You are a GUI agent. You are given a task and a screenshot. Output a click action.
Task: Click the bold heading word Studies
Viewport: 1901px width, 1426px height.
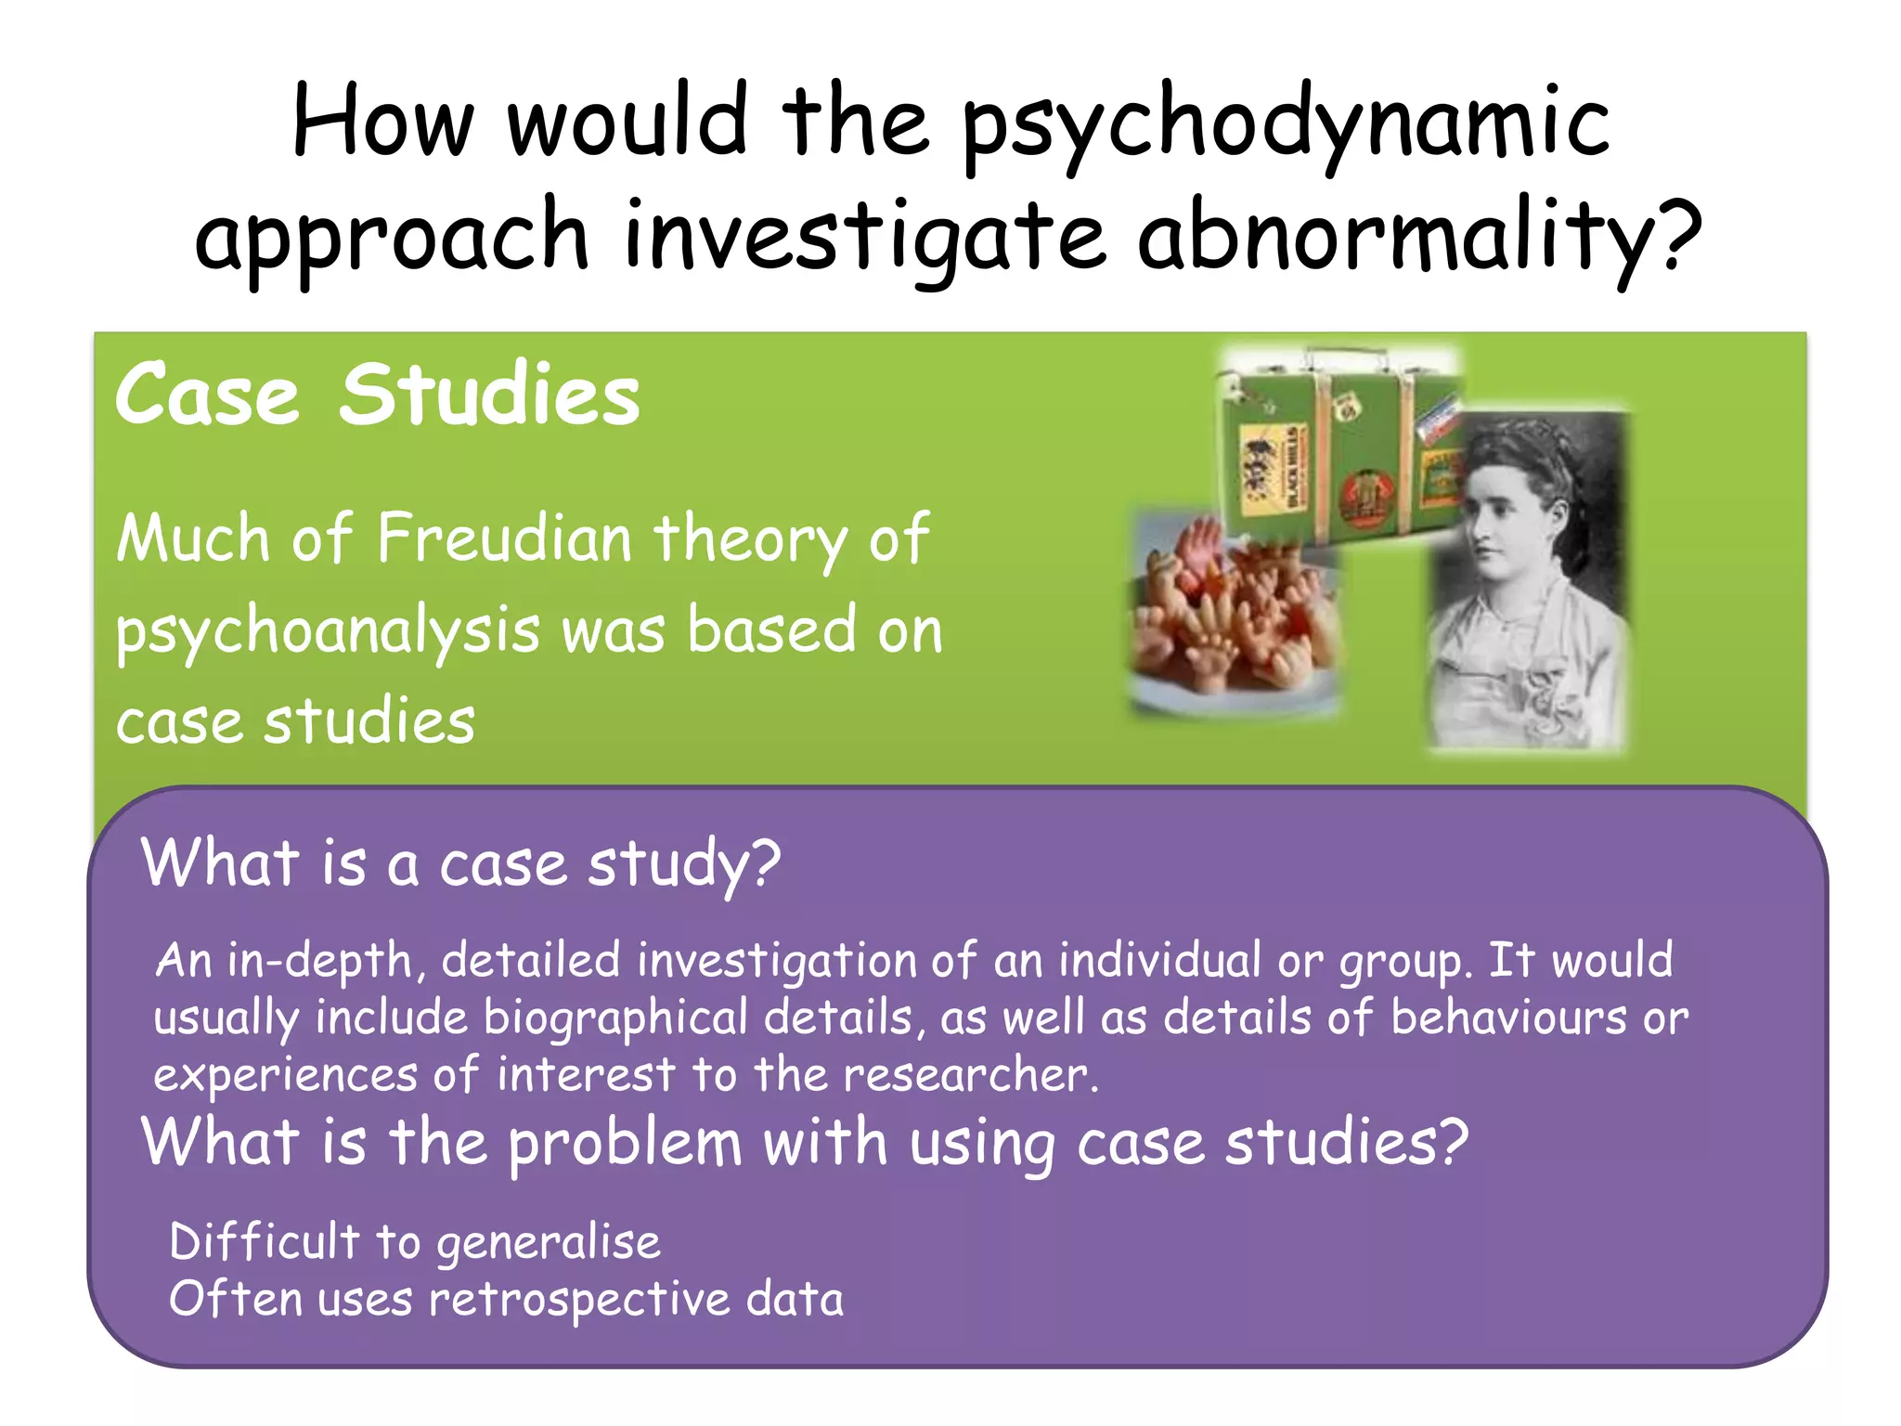click(489, 395)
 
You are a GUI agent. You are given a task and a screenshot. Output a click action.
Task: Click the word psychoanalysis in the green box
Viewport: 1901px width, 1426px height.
click(328, 631)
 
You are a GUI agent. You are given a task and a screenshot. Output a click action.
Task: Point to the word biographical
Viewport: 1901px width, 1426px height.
click(615, 1018)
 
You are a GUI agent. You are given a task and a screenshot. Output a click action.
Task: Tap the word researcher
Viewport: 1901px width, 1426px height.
click(970, 1076)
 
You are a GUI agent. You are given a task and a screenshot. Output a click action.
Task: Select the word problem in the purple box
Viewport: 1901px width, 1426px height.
click(625, 1144)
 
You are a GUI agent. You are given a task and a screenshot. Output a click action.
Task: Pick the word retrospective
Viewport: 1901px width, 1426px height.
click(579, 1300)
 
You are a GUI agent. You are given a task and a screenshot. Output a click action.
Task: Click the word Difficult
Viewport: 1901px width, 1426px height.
click(265, 1242)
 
